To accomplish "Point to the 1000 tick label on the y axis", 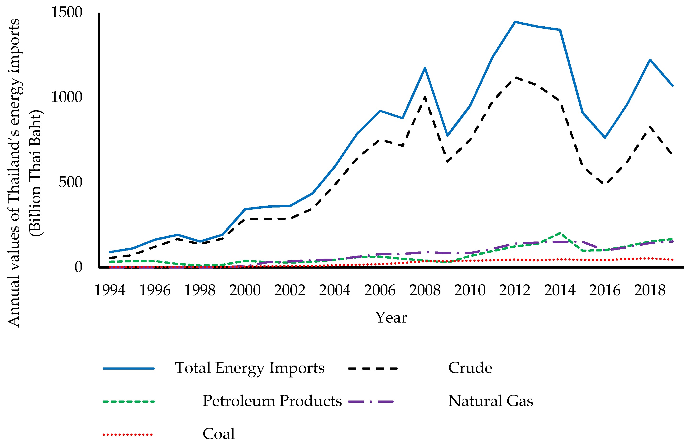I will click(67, 97).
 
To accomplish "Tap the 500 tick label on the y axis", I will click(70, 182).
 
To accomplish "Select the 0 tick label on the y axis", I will click(78, 267).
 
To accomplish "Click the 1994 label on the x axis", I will click(110, 290).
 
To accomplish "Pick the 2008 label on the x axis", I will click(425, 290).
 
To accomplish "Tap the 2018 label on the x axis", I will click(650, 290).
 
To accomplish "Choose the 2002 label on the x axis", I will click(290, 290).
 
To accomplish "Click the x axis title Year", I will click(391, 317).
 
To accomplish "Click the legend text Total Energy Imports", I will click(250, 368).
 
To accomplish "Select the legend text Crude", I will click(470, 368).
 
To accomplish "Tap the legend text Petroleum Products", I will click(272, 401).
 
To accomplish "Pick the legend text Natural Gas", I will click(491, 401).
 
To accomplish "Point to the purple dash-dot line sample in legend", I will click(371, 401).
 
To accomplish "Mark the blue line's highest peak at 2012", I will click(515, 22).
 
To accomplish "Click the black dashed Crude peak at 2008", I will click(425, 97).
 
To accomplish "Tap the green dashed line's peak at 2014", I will click(560, 233).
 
